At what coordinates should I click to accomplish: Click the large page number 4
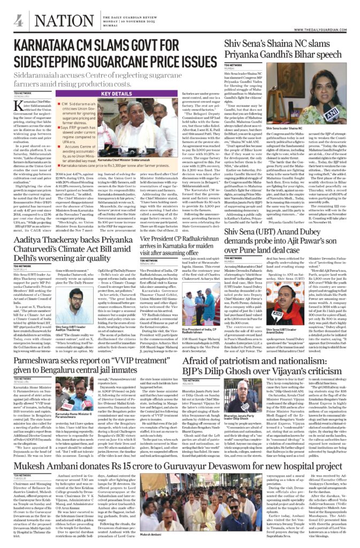(x=19, y=21)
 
